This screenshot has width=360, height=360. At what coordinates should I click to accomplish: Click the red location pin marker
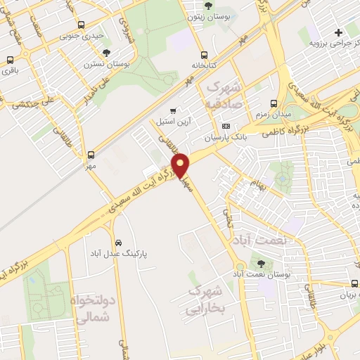(x=181, y=166)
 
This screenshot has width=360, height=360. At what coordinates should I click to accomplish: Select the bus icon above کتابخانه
(x=204, y=55)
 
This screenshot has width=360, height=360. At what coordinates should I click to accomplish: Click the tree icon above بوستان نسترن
(x=107, y=52)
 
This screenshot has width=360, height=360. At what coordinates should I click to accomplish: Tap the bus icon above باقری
(x=9, y=59)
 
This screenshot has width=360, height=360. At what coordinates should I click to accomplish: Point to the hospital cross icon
(x=338, y=32)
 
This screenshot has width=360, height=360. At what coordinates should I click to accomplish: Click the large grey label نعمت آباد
(x=263, y=240)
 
